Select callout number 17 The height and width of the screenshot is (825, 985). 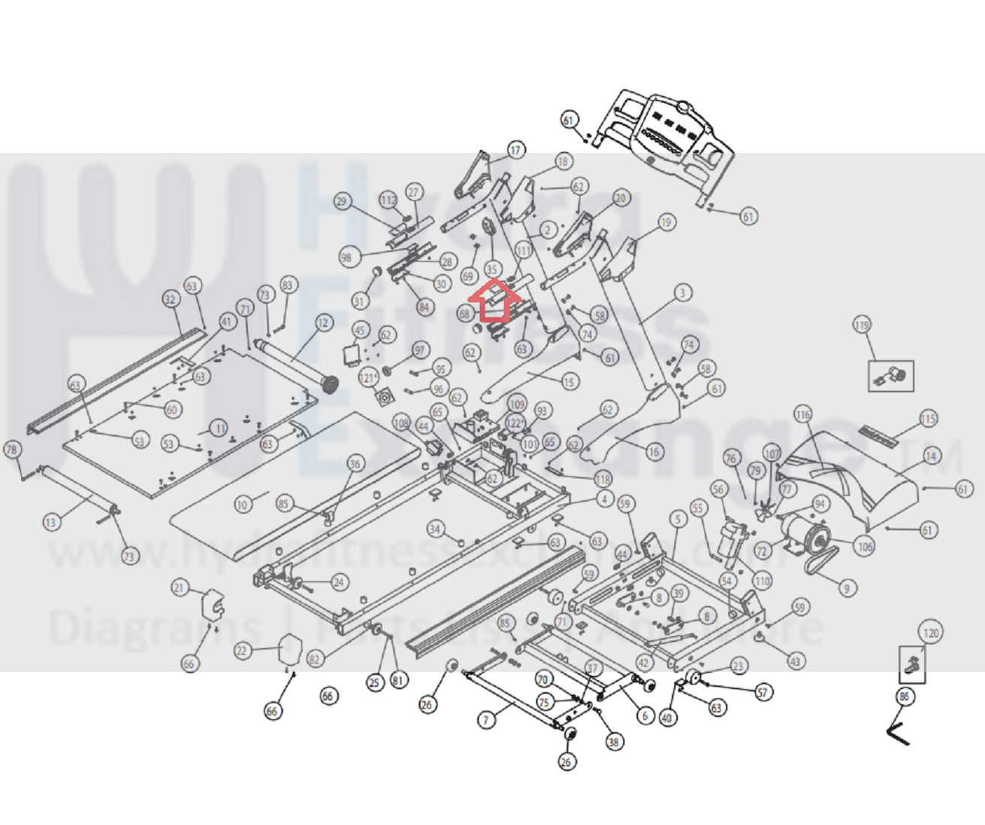tap(515, 150)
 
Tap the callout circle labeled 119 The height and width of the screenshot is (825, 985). tap(861, 325)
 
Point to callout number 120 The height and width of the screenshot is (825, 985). tap(930, 633)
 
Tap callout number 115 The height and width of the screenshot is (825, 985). tap(928, 419)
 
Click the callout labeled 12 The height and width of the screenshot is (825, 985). tap(323, 324)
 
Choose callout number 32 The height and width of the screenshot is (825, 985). tap(171, 299)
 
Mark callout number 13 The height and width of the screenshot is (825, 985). tap(50, 522)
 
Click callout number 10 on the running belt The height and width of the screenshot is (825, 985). tap(242, 504)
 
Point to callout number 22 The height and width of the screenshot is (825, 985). tap(241, 651)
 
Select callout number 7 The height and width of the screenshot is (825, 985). tap(486, 720)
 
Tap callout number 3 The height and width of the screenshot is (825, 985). tap(681, 292)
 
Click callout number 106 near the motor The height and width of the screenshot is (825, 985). tap(865, 546)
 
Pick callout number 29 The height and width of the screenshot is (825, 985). tap(343, 201)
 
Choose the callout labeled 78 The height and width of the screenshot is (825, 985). tap(12, 450)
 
